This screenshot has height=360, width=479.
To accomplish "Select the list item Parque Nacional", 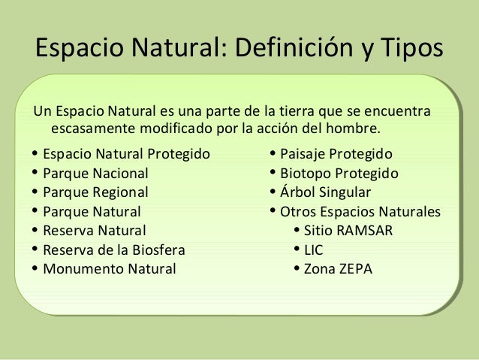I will click(95, 173).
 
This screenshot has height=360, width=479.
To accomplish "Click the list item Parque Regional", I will click(95, 192).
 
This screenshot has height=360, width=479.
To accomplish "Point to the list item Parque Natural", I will click(92, 211).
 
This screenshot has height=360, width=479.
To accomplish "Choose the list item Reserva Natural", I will click(95, 230).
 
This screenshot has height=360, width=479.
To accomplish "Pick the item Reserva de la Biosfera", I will click(113, 250).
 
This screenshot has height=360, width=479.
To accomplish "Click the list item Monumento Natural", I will click(110, 268).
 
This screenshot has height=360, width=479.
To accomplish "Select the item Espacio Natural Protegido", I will click(126, 154).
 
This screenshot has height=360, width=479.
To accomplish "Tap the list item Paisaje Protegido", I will click(336, 154).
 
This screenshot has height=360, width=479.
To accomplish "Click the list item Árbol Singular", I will click(325, 192).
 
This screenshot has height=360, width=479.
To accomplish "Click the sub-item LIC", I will click(313, 250).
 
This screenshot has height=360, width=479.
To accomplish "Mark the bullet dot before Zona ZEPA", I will click(297, 268).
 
